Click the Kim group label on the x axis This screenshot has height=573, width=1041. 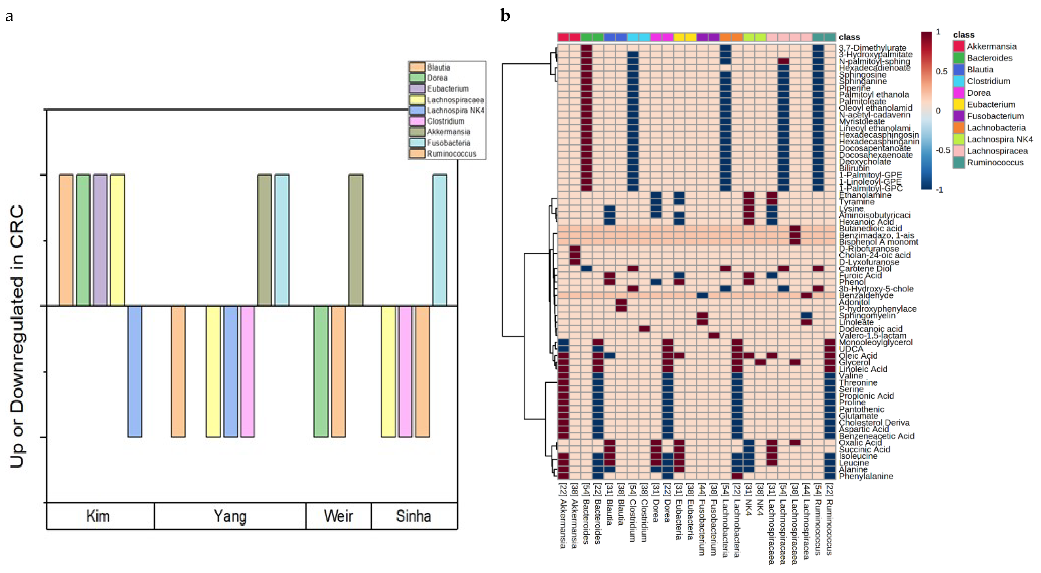[98, 516]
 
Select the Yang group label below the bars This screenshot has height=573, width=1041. [229, 516]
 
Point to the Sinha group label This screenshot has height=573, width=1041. [413, 516]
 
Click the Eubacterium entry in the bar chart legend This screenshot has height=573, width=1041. [448, 88]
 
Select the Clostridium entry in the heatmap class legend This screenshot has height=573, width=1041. [988, 81]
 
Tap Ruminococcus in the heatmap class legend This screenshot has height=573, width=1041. [995, 162]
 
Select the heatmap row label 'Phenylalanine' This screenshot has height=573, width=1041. [866, 476]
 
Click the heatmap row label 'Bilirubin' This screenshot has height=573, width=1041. [854, 168]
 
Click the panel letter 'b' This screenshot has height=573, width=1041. [505, 16]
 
